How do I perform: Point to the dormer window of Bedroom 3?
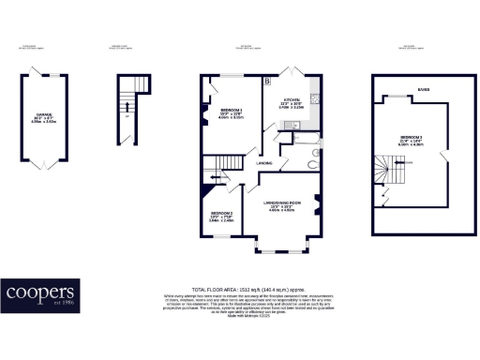click(x=409, y=97)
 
